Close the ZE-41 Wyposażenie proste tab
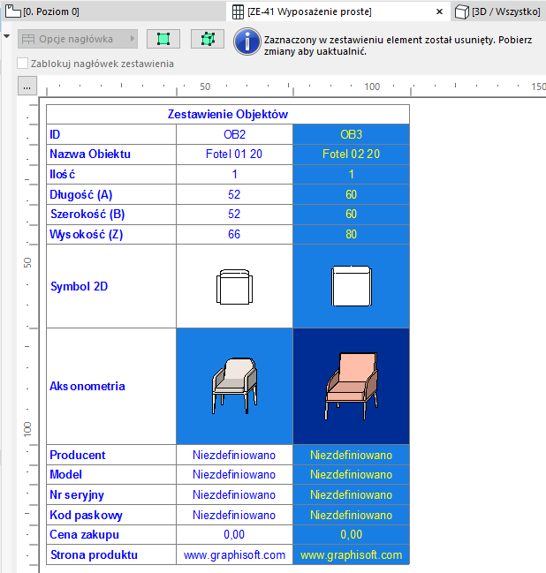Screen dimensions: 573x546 click(x=439, y=11)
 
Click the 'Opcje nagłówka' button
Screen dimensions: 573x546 click(x=78, y=40)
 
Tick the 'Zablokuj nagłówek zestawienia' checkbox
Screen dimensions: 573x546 click(x=23, y=64)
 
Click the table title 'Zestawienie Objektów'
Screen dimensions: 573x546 click(x=228, y=114)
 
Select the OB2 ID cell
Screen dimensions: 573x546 click(x=234, y=134)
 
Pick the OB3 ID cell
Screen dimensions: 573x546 click(x=351, y=134)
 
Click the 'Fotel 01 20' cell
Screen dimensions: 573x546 click(x=234, y=154)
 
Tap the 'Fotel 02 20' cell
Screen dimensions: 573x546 click(x=351, y=154)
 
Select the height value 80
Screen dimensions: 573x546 click(x=351, y=235)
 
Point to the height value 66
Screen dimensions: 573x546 click(x=234, y=235)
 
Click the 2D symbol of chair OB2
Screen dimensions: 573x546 click(x=234, y=287)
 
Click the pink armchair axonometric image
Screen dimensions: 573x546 click(x=351, y=386)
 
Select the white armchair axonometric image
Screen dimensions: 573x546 click(x=234, y=386)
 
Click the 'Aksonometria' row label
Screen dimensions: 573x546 click(x=87, y=386)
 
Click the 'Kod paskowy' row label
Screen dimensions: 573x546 click(x=86, y=515)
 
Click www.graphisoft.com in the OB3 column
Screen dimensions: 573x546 click(x=351, y=555)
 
